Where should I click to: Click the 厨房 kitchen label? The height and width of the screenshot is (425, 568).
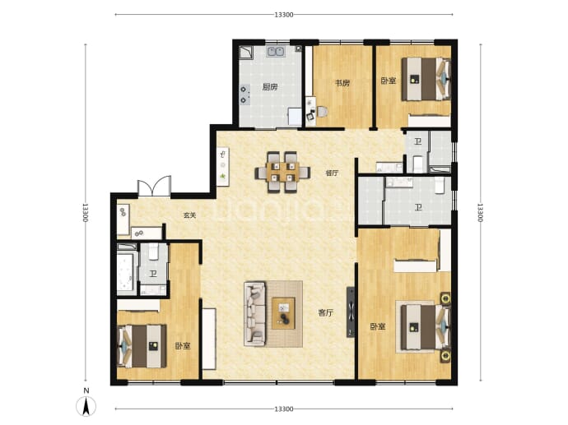270,87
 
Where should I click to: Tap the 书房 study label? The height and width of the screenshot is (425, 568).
342,83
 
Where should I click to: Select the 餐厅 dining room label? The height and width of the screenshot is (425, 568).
332,173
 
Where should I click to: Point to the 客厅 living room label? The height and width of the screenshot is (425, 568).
326,313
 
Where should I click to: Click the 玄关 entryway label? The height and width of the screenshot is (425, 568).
189,215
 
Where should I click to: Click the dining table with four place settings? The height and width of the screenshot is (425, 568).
282,172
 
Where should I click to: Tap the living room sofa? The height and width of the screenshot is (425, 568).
254,313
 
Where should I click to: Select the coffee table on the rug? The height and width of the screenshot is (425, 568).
284,313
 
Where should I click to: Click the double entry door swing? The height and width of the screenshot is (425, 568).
154,187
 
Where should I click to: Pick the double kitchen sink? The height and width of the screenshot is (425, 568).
276,52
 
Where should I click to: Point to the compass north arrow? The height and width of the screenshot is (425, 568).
86,405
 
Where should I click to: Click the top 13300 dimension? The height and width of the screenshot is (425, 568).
284,15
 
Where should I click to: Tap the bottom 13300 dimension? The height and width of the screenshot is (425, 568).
284,409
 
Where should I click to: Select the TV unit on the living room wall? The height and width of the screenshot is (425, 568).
351,312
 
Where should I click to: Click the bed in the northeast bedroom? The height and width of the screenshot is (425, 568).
426,79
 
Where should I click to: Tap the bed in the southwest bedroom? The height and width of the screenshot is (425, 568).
142,346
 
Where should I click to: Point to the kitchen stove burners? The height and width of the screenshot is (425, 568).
244,94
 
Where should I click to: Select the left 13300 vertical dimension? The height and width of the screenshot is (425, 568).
86,212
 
